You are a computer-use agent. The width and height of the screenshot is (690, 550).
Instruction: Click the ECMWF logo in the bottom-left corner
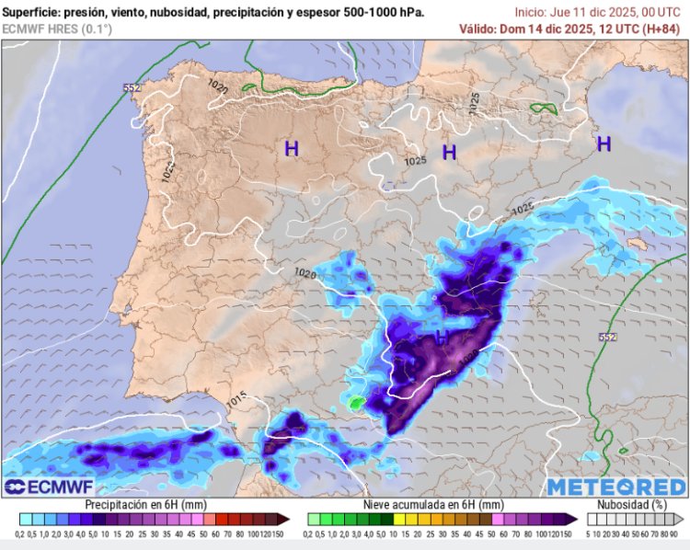(43, 486)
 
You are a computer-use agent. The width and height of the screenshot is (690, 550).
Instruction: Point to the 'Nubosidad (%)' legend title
(633, 505)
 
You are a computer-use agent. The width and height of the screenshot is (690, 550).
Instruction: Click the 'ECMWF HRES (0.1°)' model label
(57, 29)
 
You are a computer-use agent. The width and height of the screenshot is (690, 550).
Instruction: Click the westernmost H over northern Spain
(291, 147)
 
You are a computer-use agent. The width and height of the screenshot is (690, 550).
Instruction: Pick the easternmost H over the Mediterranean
(604, 143)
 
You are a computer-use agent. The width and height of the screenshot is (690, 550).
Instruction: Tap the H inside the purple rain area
(442, 338)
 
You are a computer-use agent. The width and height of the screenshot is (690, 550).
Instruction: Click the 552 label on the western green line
(132, 87)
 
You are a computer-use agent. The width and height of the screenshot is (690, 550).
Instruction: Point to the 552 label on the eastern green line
(607, 338)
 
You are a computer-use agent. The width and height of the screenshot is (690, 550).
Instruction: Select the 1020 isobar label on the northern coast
(218, 86)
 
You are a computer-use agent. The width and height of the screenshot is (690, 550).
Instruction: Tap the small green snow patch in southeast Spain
(356, 403)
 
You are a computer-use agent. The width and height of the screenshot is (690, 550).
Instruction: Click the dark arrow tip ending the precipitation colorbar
(284, 520)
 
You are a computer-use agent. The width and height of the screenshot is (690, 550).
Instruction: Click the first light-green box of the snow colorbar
(313, 520)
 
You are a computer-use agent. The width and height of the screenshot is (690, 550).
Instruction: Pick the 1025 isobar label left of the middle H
(415, 160)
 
